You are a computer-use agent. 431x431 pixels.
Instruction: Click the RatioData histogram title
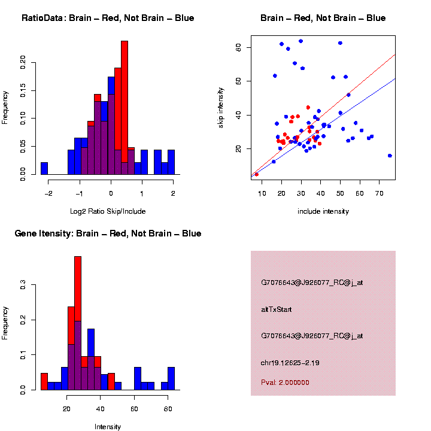click(108, 19)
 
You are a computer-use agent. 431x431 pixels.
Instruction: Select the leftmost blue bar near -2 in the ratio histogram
click(44, 168)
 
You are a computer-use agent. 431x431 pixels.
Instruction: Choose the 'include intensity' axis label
click(323, 211)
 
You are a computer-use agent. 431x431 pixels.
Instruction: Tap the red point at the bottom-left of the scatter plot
click(257, 174)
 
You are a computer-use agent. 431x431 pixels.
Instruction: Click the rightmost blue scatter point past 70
click(390, 156)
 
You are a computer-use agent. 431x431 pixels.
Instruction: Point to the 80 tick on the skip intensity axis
click(238, 47)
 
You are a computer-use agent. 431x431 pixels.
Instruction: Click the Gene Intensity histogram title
click(108, 233)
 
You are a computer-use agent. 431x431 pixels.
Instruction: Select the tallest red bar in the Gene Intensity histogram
click(78, 323)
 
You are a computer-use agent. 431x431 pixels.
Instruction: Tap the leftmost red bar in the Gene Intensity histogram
click(44, 381)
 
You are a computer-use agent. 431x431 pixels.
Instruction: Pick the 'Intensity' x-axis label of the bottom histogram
click(108, 427)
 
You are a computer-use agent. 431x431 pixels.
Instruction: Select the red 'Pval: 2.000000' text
click(286, 382)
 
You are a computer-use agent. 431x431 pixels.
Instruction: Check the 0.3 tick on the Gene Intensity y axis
click(23, 286)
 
